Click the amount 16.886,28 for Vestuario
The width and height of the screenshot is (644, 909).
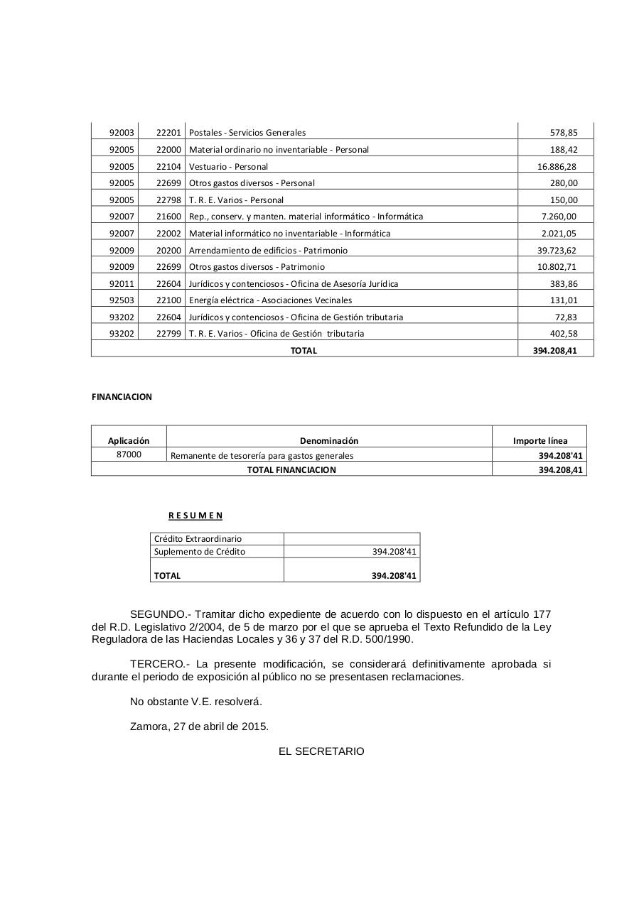click(x=557, y=166)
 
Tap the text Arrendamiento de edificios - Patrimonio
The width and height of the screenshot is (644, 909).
click(x=268, y=250)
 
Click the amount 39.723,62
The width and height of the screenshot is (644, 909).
click(x=557, y=250)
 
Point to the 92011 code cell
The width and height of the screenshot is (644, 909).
click(x=122, y=283)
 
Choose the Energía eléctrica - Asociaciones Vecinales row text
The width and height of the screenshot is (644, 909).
click(x=270, y=300)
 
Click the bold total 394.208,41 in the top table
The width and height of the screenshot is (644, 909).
click(x=554, y=350)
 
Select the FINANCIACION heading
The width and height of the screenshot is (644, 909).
click(x=122, y=397)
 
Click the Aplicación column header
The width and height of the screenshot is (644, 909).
click(x=129, y=441)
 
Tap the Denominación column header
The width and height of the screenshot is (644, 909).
click(x=328, y=441)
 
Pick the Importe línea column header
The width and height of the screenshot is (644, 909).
click(x=540, y=441)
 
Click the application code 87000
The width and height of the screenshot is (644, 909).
click(x=129, y=454)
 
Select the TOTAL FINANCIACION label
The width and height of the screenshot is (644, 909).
click(x=291, y=469)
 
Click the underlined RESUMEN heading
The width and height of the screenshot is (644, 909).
click(x=195, y=516)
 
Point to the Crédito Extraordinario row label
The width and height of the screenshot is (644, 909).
click(x=198, y=539)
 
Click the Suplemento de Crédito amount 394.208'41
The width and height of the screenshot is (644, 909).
click(x=394, y=552)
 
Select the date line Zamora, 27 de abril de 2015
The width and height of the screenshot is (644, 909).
click(x=199, y=726)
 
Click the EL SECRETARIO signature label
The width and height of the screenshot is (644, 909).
click(x=321, y=751)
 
